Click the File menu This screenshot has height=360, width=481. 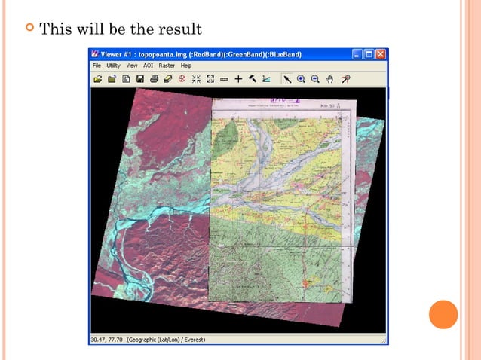(97, 66)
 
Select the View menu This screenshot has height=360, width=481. (132, 66)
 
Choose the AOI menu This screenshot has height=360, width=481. (149, 66)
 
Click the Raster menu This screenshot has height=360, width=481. (166, 66)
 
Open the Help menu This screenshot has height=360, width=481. (185, 66)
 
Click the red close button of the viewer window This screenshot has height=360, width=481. (381, 54)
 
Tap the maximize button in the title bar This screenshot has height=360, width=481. (369, 54)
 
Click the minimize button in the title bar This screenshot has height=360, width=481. (357, 54)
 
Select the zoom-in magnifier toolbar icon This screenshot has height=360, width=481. (301, 78)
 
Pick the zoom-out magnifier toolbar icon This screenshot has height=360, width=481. (315, 78)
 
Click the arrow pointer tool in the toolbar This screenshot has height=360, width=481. (286, 78)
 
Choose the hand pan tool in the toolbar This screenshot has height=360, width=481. (329, 78)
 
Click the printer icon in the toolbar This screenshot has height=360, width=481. (154, 78)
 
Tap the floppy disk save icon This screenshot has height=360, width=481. (139, 78)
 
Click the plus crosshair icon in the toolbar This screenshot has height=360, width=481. (238, 78)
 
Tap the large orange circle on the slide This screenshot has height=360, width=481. (443, 313)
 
